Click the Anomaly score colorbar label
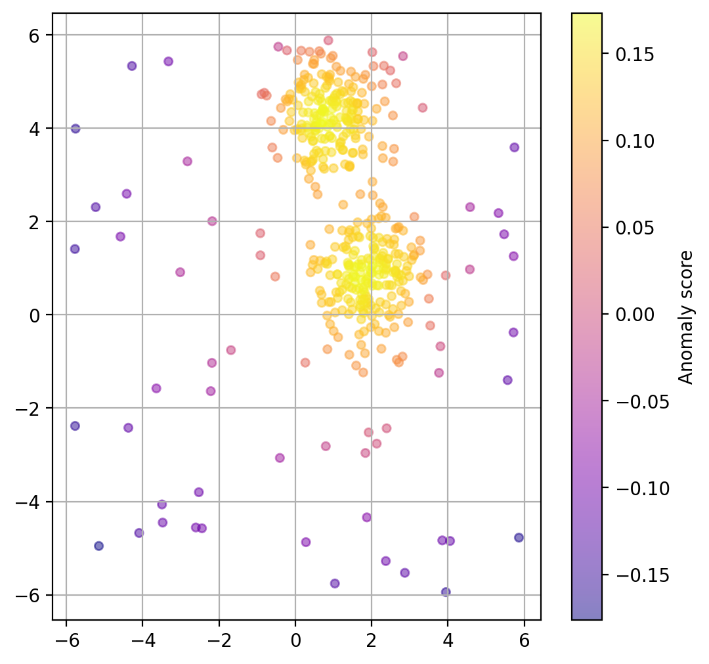pyautogui.click(x=686, y=317)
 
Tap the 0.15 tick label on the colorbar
pyautogui.click(x=634, y=54)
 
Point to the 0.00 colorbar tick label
pyautogui.click(x=634, y=315)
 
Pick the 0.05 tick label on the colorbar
pyautogui.click(x=634, y=228)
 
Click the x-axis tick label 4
pyautogui.click(x=448, y=636)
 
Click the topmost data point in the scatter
pyautogui.click(x=328, y=40)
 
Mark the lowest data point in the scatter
pyautogui.click(x=446, y=592)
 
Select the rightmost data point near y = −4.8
pyautogui.click(x=519, y=537)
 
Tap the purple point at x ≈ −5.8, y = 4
pyautogui.click(x=75, y=129)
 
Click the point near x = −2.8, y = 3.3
pyautogui.click(x=187, y=161)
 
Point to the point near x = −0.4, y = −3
pyautogui.click(x=280, y=458)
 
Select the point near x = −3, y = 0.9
pyautogui.click(x=180, y=272)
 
